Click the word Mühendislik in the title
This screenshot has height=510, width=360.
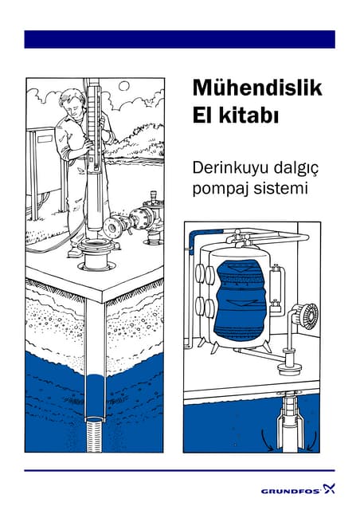pos(256,88)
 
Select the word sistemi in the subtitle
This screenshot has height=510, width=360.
pos(279,190)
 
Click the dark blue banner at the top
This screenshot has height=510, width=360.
pos(179,39)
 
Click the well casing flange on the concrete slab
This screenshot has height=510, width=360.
pos(94,257)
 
